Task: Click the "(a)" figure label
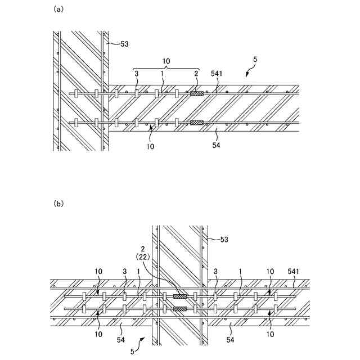tap(57, 10)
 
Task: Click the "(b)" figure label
tap(57, 204)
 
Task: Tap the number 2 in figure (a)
tap(196, 74)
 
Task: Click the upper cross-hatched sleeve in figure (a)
tap(196, 94)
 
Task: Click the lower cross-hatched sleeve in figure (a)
tap(196, 122)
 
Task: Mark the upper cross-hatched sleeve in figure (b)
tap(180, 296)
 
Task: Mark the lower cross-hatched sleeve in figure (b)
tap(180, 308)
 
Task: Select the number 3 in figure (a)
tap(136, 74)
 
